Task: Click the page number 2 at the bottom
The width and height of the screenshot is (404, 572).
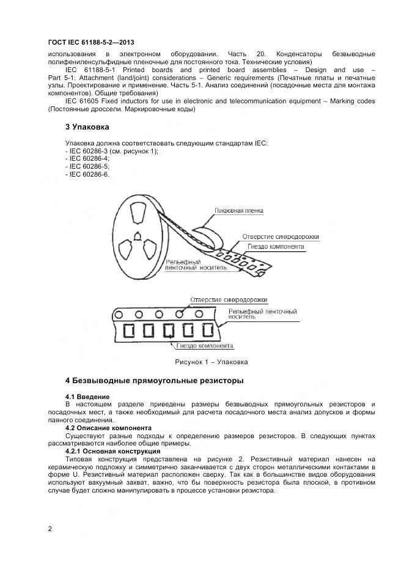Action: tap(50, 529)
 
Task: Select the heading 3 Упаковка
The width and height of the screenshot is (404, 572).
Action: tap(87, 127)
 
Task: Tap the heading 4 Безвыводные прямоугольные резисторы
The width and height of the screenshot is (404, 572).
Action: tap(154, 381)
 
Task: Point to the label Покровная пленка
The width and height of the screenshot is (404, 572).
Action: tap(238, 211)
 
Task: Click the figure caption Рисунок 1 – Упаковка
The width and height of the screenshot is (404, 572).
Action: tap(211, 362)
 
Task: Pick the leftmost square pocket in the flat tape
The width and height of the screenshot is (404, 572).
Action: tap(128, 331)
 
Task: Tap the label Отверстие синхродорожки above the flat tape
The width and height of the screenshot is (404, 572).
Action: tap(229, 299)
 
